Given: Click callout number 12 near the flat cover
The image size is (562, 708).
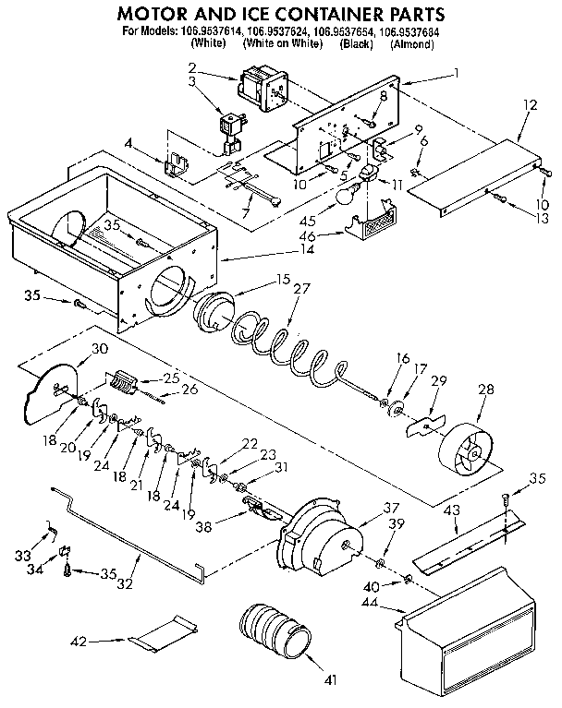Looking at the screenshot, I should (x=529, y=106).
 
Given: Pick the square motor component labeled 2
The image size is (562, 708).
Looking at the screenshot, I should (x=258, y=88).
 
